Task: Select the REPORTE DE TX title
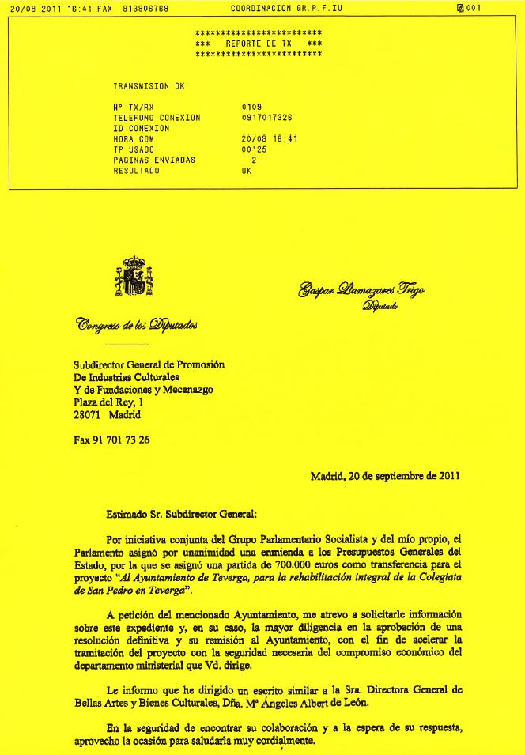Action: pyautogui.click(x=258, y=43)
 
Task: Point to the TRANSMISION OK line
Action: pyautogui.click(x=149, y=86)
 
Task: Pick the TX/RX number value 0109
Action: pyautogui.click(x=252, y=106)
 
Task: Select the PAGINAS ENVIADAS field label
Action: pyautogui.click(x=154, y=160)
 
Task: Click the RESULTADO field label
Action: pyautogui.click(x=137, y=171)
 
